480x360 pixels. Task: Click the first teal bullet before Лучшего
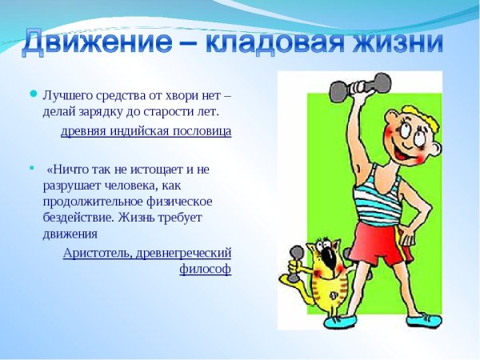pyautogui.click(x=33, y=94)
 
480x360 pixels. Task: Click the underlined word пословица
pyautogui.click(x=201, y=131)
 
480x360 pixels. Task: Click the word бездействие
pyautogui.click(x=78, y=218)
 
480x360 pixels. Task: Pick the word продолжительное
pyautogui.click(x=94, y=202)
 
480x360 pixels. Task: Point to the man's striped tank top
pyautogui.click(x=377, y=189)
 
